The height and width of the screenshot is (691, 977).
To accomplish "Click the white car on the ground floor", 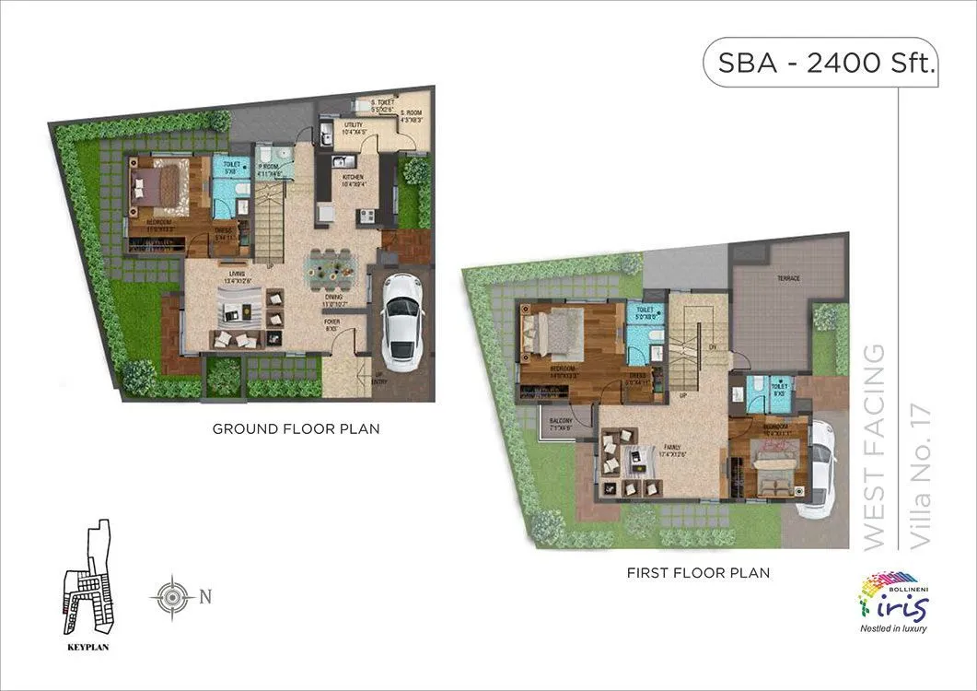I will [401, 318].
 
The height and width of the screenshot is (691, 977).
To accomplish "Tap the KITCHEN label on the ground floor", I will [353, 178].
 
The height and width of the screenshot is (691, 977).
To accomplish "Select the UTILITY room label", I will [353, 126].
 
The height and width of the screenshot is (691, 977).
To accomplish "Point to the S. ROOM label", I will [410, 114].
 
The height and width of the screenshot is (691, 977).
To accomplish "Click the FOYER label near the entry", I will [331, 322].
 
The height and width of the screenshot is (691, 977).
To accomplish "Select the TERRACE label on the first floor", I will [787, 278].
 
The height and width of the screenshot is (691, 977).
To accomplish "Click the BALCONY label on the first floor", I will [560, 421].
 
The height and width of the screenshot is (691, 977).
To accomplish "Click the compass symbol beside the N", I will [170, 596].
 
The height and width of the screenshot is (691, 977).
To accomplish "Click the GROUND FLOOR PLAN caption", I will [296, 429].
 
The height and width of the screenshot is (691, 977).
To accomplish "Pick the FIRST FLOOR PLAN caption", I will [698, 573].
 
